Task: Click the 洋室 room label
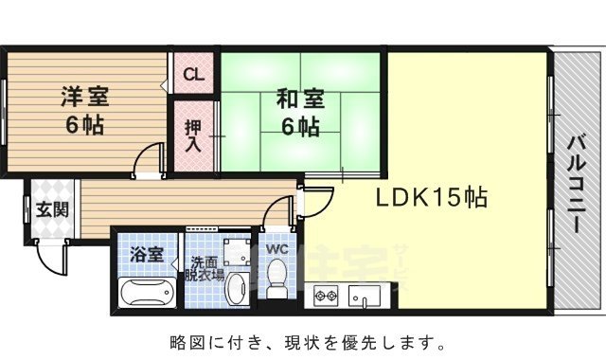pos(84,96)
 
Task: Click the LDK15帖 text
pos(432,199)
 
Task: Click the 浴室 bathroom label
pos(147,254)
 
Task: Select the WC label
pos(276,249)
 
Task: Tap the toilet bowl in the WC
pos(276,279)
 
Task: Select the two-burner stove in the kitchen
pos(326,297)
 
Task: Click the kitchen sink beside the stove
pos(365,297)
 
